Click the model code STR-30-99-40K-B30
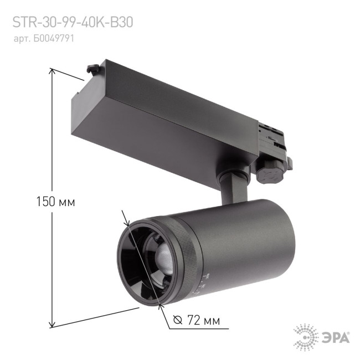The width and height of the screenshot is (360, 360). tap(73, 23)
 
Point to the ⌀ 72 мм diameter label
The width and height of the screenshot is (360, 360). tap(197, 321)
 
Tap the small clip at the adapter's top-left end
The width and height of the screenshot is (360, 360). tap(92, 70)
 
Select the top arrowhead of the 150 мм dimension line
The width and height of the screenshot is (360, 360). tap(52, 71)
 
